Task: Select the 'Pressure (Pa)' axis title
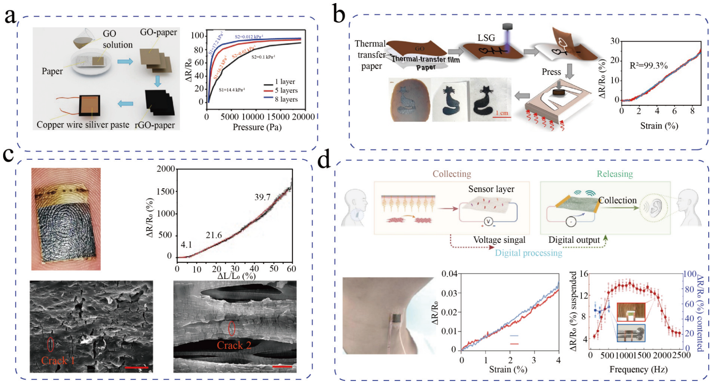pyautogui.click(x=257, y=127)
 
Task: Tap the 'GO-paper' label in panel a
pyautogui.click(x=158, y=32)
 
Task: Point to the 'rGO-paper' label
pyautogui.click(x=155, y=125)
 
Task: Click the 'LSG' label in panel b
pyautogui.click(x=486, y=38)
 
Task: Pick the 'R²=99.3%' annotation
pyautogui.click(x=649, y=66)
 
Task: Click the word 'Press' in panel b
pyautogui.click(x=551, y=72)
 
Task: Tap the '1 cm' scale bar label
pyautogui.click(x=502, y=113)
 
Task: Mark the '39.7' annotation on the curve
pyautogui.click(x=263, y=197)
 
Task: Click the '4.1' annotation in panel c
pyautogui.click(x=186, y=245)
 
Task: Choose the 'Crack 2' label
pyautogui.click(x=234, y=345)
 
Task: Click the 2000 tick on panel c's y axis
pyautogui.click(x=166, y=169)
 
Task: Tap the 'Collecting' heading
pyautogui.click(x=452, y=174)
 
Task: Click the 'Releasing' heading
pyautogui.click(x=615, y=174)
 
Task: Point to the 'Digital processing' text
pyautogui.click(x=529, y=253)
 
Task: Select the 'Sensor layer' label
pyautogui.click(x=491, y=189)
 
